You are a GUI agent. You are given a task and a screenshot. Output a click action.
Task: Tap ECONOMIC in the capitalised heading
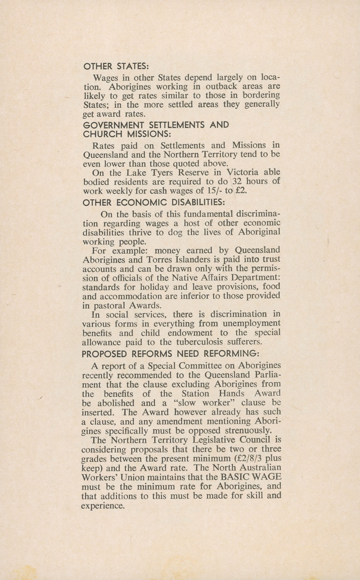coord(141,202)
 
